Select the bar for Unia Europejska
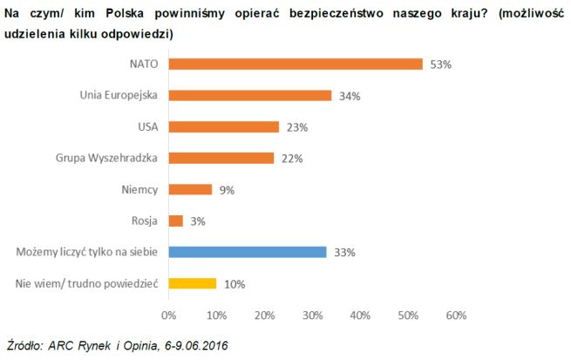click(249, 95)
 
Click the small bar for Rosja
click(175, 221)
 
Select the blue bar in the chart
click(247, 252)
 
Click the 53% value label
click(441, 65)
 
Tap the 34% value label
click(350, 96)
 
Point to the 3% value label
click(197, 221)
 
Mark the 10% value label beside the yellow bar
click(235, 284)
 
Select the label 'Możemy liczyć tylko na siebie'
click(86, 252)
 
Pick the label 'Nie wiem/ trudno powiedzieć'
click(87, 283)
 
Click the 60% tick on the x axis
click(455, 315)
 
